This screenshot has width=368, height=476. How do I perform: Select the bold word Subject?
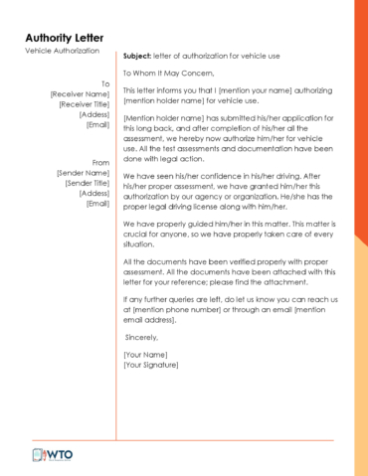pyautogui.click(x=138, y=56)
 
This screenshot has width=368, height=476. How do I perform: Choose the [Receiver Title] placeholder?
pyautogui.click(x=84, y=104)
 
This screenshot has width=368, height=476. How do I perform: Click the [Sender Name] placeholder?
pyautogui.click(x=83, y=173)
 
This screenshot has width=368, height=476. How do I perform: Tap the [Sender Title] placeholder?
pyautogui.click(x=87, y=183)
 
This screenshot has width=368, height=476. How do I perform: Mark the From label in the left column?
pyautogui.click(x=99, y=162)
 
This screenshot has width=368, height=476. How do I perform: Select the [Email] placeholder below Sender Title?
pyautogui.click(x=97, y=203)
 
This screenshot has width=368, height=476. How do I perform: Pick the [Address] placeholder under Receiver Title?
pyautogui.click(x=93, y=114)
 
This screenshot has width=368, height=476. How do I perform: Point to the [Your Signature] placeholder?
pyautogui.click(x=151, y=365)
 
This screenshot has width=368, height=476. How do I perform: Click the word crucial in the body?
pyautogui.click(x=140, y=234)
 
